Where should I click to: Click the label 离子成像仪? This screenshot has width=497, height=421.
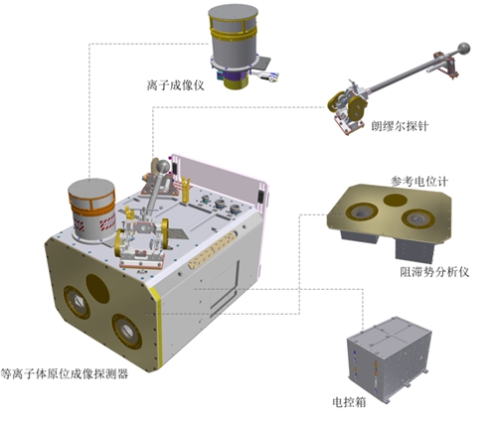(x=175, y=85)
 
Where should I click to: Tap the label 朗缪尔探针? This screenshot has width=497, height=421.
(x=400, y=126)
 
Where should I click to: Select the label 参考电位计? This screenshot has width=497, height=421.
(x=419, y=182)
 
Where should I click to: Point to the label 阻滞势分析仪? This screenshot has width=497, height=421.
(x=434, y=272)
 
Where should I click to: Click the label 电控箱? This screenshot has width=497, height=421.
(x=349, y=402)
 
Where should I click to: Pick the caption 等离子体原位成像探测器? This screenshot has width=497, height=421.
(x=65, y=374)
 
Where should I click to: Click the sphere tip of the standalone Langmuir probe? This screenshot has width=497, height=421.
(x=463, y=49)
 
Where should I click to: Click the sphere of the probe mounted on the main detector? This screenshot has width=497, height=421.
(x=163, y=166)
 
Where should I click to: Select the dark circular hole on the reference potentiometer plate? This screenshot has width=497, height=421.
(x=395, y=200)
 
